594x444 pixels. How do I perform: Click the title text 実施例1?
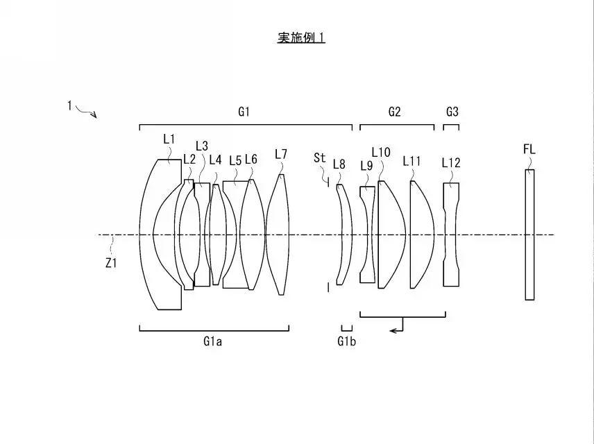click(301, 37)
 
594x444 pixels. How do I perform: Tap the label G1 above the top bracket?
click(244, 111)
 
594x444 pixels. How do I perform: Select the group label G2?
click(394, 111)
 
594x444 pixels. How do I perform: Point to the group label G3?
click(452, 111)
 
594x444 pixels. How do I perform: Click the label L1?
click(169, 139)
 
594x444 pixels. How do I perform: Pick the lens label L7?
click(281, 154)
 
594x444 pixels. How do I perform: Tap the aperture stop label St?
click(319, 158)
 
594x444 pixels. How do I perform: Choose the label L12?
click(451, 163)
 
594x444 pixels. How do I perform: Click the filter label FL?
click(529, 149)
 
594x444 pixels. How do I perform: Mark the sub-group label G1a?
click(212, 341)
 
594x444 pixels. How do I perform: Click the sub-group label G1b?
click(347, 341)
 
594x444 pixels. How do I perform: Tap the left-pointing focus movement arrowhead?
click(393, 330)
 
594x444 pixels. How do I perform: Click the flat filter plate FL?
click(529, 234)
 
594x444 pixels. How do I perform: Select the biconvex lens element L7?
click(278, 234)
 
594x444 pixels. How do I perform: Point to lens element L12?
click(451, 234)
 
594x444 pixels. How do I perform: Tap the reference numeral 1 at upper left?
click(69, 105)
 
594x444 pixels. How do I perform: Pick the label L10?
click(381, 152)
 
